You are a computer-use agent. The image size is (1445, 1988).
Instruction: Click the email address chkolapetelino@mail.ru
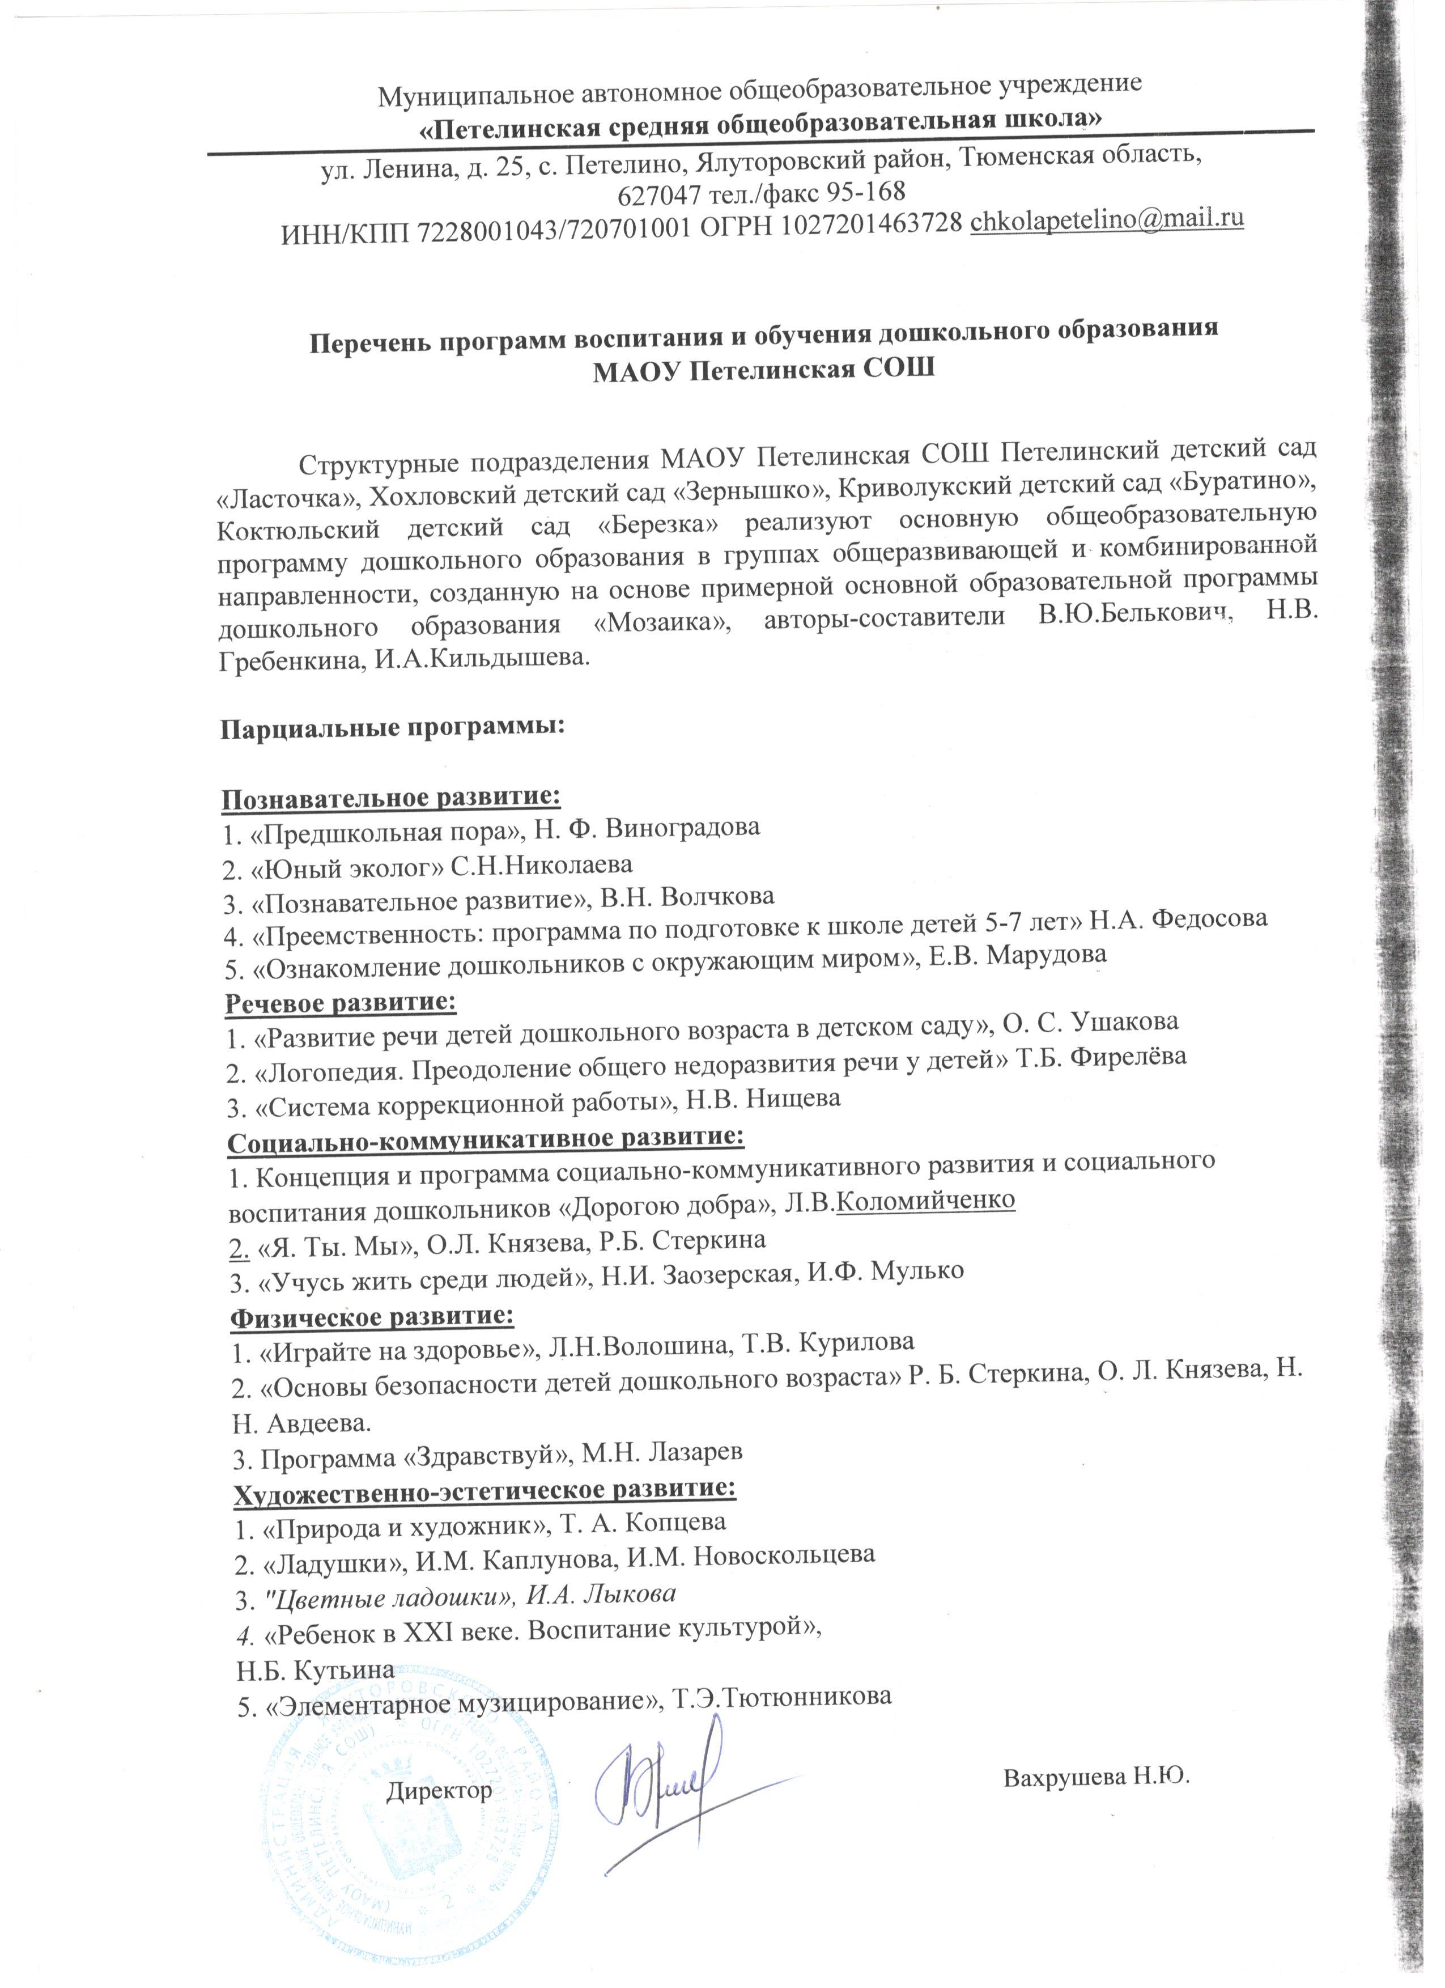pyautogui.click(x=1108, y=219)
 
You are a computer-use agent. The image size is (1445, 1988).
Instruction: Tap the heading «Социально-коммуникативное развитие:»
pyautogui.click(x=486, y=1138)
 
